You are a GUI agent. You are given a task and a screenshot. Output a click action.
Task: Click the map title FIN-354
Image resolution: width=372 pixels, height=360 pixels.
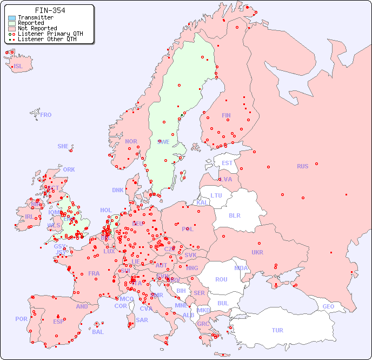(50, 10)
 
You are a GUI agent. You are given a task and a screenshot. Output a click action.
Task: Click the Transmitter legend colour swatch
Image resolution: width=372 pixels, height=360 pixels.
(12, 17)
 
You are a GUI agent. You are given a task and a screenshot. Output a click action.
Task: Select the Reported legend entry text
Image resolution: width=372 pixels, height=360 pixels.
(31, 23)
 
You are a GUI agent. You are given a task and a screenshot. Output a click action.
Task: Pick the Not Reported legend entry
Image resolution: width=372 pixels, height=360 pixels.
(37, 28)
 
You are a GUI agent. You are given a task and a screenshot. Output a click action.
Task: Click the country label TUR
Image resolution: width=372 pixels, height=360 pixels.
(277, 330)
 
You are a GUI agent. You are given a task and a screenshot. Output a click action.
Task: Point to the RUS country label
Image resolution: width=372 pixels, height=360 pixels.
(302, 166)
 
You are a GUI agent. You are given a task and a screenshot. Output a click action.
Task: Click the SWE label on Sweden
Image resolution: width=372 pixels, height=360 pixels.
(163, 142)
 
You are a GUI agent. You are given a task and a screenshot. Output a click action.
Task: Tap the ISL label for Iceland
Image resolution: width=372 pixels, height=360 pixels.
(18, 67)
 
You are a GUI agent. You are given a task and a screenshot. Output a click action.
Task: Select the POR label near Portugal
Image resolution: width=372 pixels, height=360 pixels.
(21, 319)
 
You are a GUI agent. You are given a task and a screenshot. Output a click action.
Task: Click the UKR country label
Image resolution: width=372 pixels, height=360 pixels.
(257, 252)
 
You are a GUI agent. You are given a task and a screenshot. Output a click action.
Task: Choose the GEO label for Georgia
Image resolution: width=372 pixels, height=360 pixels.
(328, 306)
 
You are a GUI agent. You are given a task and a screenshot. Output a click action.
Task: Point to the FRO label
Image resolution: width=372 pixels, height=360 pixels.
(46, 115)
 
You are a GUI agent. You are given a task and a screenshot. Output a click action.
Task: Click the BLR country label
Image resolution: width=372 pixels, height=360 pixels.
(234, 215)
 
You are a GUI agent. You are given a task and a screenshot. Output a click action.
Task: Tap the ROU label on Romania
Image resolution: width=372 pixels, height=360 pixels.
(221, 279)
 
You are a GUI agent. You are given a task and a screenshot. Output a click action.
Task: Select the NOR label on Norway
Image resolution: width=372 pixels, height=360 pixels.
(131, 141)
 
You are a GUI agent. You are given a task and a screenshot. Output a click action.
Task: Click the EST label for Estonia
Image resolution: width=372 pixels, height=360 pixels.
(227, 163)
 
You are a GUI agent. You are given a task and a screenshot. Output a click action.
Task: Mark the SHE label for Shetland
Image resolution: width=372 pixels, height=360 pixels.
(63, 146)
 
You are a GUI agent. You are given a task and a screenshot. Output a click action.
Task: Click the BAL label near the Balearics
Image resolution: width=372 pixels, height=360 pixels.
(98, 332)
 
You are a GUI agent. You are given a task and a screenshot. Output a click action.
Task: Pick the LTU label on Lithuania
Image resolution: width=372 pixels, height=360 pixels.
(216, 195)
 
